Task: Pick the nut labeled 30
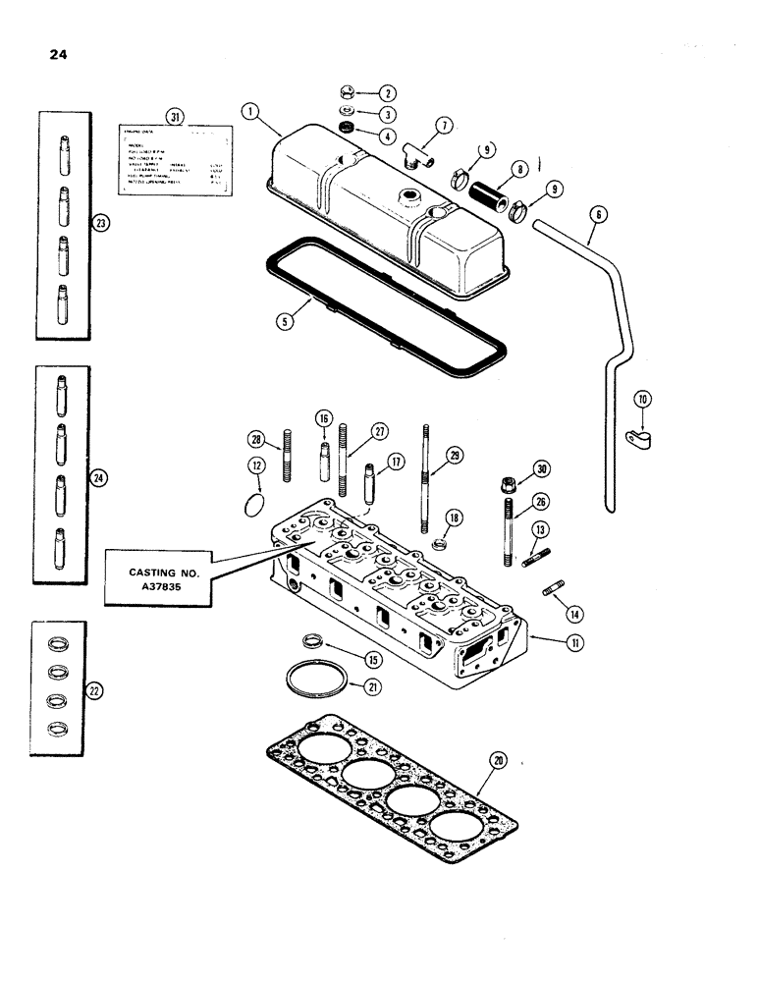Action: [511, 484]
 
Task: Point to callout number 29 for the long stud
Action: [453, 455]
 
